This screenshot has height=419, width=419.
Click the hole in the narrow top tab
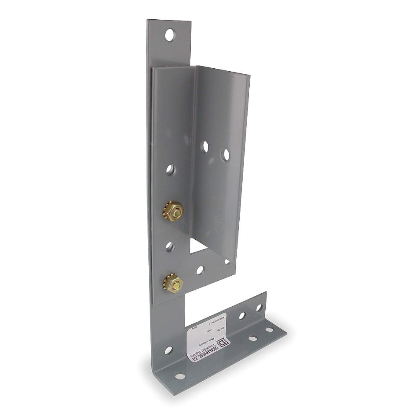169,35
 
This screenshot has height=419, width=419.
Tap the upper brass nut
173,211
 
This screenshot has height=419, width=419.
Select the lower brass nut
173,283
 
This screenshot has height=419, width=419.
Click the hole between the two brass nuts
170,246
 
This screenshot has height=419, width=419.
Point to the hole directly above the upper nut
170,170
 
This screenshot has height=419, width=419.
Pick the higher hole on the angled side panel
205,146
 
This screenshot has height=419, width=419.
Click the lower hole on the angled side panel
225,155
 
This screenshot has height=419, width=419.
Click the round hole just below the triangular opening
201,270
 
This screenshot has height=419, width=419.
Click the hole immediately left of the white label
168,350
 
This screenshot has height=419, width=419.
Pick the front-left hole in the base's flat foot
180,376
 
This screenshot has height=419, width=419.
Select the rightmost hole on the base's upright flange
259,308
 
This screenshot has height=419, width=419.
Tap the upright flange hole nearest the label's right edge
242,316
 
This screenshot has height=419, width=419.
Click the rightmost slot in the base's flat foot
269,330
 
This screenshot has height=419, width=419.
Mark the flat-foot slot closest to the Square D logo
252,338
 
